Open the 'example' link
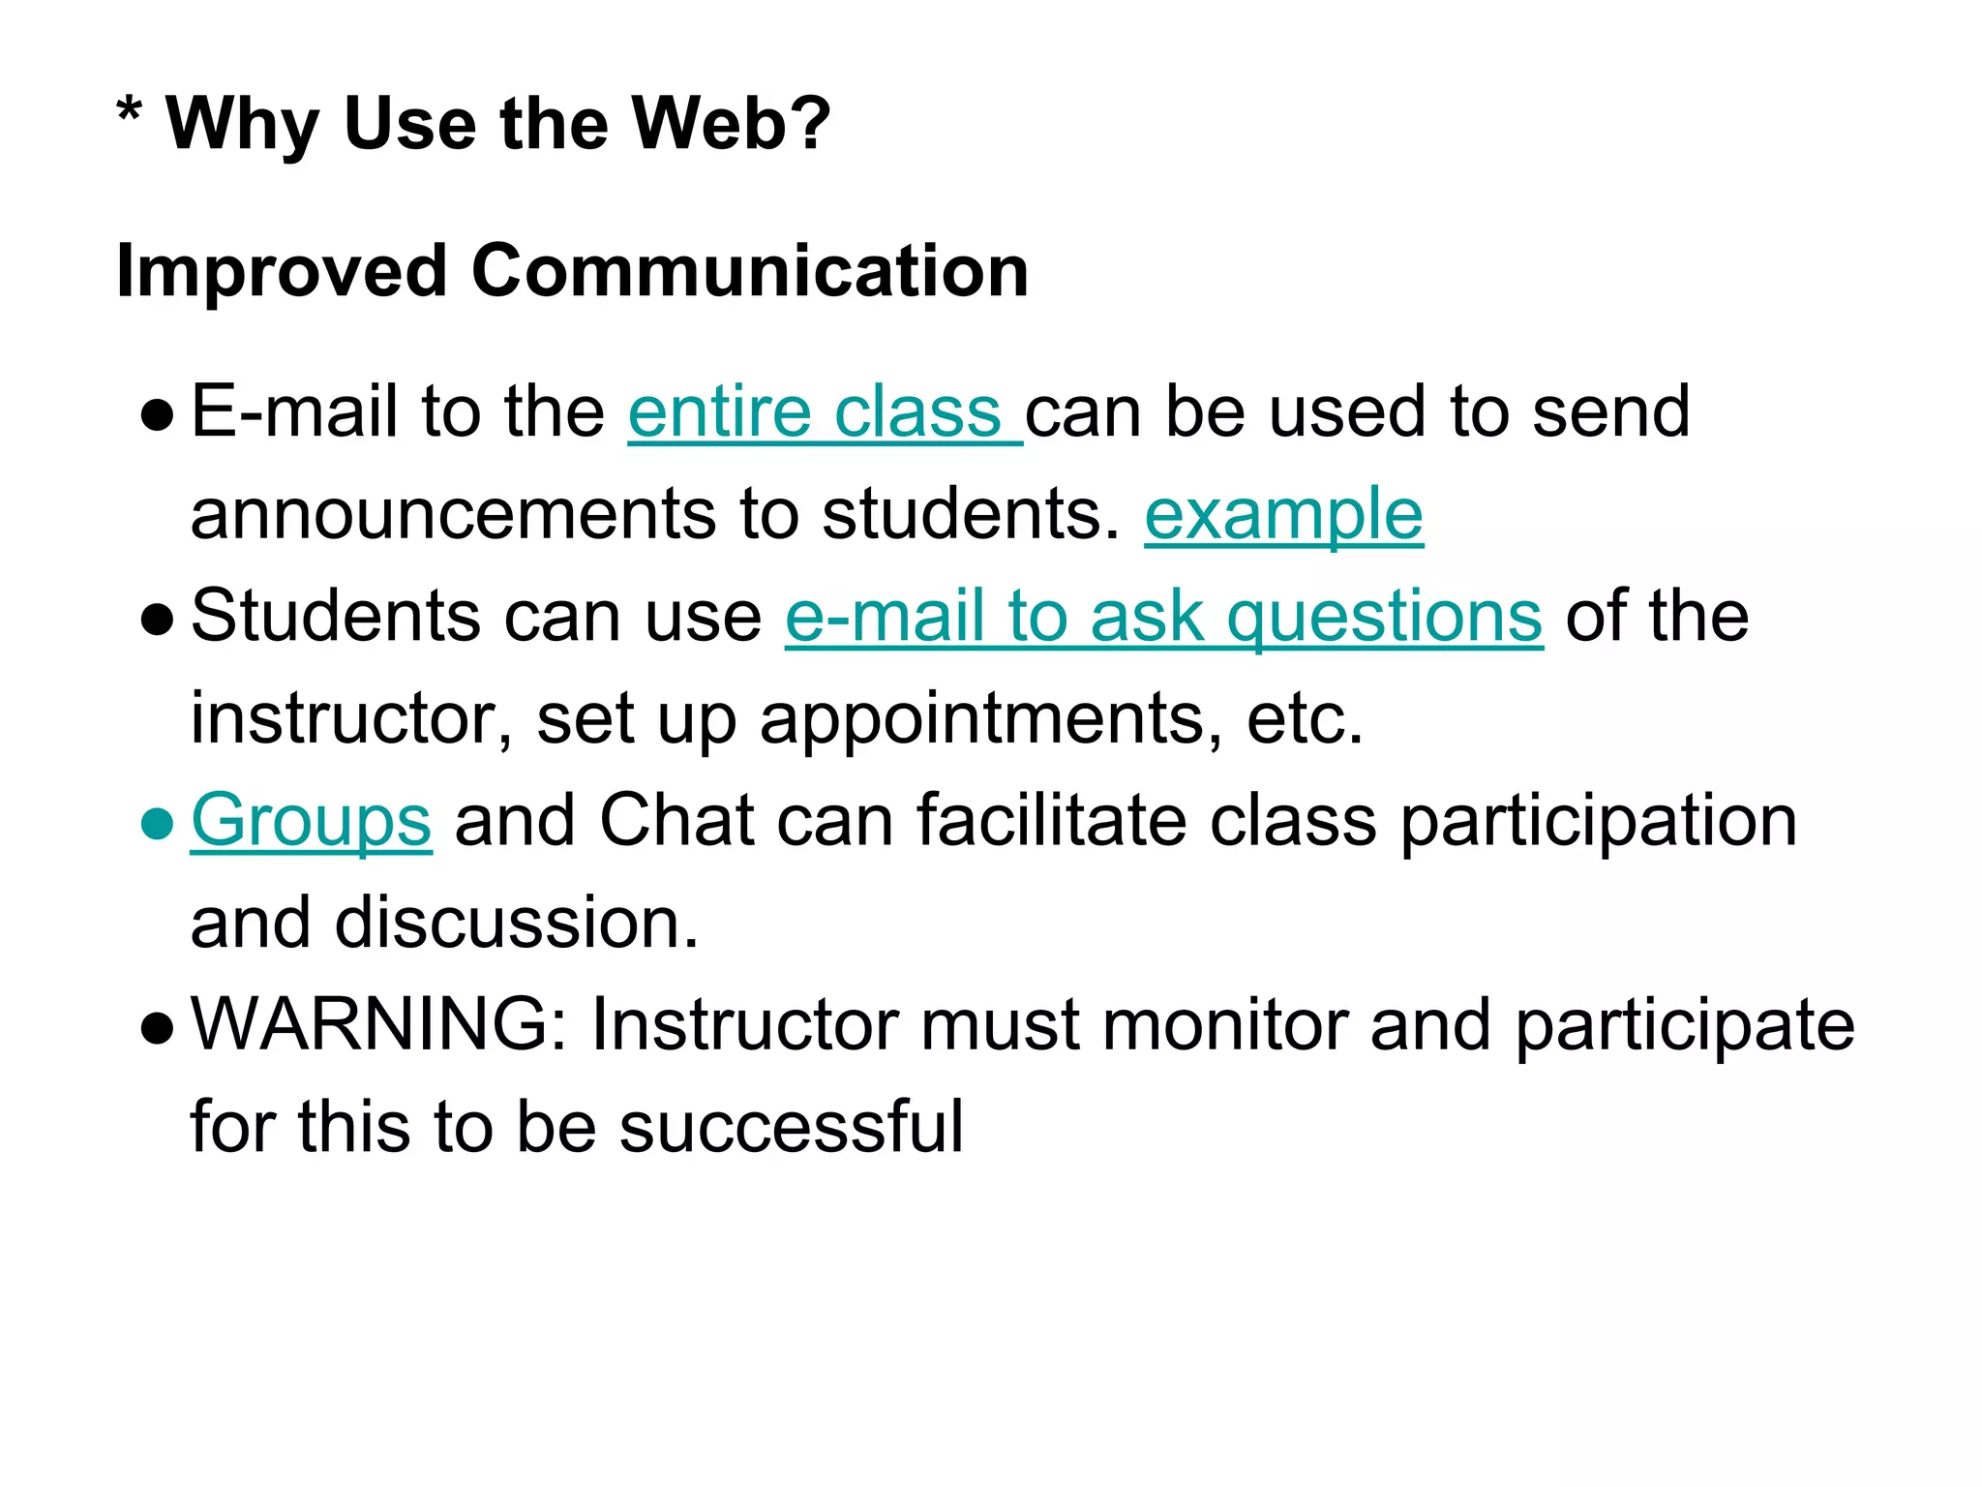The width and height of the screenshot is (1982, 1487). point(1283,515)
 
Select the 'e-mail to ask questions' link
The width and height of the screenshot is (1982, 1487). point(1163,617)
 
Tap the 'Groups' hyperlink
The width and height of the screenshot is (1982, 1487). point(311,821)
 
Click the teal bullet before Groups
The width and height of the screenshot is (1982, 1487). point(156,824)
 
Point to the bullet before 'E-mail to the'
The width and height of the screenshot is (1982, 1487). point(156,415)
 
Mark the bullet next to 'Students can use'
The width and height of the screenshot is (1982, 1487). point(156,620)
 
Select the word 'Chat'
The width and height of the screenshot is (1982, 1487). point(676,821)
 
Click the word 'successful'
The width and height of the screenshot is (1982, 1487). point(791,1127)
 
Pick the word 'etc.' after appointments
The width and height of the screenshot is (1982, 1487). point(1305,719)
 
